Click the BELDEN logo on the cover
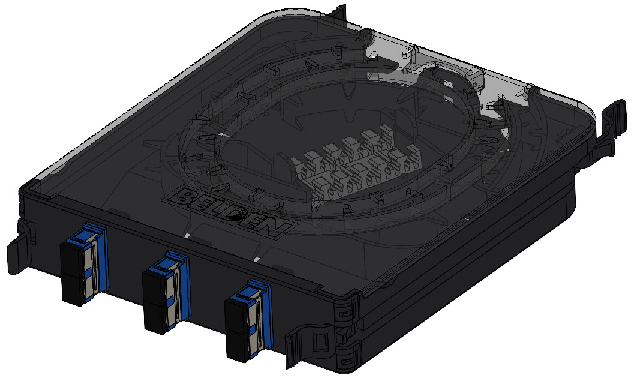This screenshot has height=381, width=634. (x=230, y=212)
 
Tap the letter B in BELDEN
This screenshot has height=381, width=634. (x=183, y=198)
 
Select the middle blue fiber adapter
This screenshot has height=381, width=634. (x=167, y=292)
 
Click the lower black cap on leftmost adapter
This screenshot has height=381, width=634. (x=74, y=289)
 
